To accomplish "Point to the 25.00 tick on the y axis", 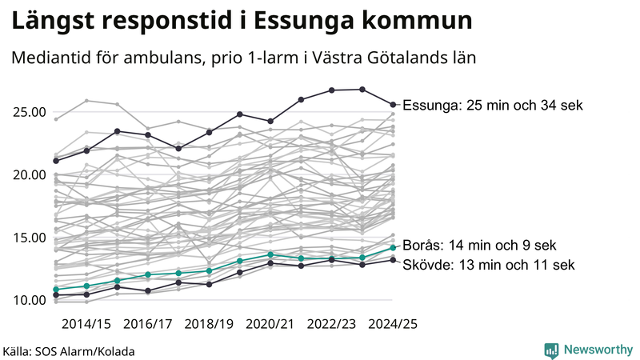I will click(30, 112).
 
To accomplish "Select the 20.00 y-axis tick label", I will click(30, 174).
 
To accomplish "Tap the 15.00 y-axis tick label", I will click(30, 238).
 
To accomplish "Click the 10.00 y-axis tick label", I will click(30, 300).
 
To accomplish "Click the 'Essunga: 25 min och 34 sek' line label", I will click(493, 106).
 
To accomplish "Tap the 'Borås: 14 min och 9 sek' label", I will click(479, 246).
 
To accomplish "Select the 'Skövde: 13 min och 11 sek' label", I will click(488, 264).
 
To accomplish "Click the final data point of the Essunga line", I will click(393, 104).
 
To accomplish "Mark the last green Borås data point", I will click(393, 247).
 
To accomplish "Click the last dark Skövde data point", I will click(393, 260).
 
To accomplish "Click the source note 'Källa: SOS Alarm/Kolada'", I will click(69, 351).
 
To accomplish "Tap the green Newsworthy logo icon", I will click(551, 350).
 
